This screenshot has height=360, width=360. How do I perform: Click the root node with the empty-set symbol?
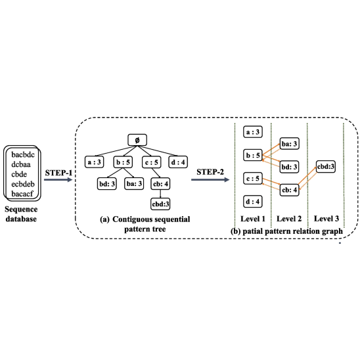click(137, 140)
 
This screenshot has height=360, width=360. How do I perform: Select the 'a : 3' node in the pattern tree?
click(94, 162)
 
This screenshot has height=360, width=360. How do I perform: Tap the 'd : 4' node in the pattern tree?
click(178, 162)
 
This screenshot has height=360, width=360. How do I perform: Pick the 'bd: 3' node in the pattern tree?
click(107, 184)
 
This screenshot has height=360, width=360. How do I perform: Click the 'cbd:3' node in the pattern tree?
click(160, 204)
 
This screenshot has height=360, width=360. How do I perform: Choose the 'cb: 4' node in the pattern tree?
click(160, 184)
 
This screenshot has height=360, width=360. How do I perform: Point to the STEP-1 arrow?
click(58, 179)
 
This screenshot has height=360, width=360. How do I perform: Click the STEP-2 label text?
click(210, 172)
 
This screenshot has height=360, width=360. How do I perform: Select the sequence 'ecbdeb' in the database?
click(23, 184)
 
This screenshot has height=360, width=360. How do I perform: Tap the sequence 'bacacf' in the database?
click(22, 194)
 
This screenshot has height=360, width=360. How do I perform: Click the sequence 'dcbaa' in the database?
click(21, 164)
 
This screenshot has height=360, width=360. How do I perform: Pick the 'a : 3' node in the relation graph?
click(252, 132)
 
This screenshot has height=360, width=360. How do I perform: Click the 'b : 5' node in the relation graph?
click(252, 155)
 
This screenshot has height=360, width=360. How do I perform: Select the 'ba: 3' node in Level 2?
click(289, 144)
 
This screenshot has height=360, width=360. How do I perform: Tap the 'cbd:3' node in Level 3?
click(326, 167)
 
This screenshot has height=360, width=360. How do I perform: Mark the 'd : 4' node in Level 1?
click(252, 202)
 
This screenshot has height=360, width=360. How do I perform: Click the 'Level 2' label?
click(289, 219)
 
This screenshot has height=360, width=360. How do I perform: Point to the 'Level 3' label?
click(326, 219)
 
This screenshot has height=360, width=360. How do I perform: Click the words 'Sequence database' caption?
click(21, 214)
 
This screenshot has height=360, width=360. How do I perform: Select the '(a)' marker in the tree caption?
click(104, 219)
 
